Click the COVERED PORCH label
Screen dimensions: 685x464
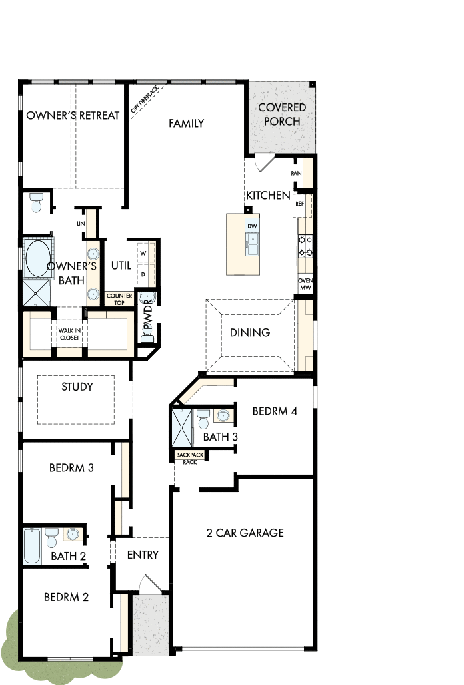pos(282,114)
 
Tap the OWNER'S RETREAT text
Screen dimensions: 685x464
pos(73,115)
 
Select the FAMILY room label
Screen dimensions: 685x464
pos(186,123)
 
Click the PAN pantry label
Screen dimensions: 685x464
pos(297,173)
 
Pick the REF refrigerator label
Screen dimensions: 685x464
pos(299,204)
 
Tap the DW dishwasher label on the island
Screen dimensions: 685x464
pos(252,226)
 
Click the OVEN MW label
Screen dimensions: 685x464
pos(305,284)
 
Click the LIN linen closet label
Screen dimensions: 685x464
pos(81,224)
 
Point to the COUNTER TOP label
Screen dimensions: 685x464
pos(119,298)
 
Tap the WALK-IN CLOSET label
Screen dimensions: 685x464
pos(69,334)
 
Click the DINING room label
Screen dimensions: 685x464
pos(250,332)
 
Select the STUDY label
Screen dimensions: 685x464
pos(77,387)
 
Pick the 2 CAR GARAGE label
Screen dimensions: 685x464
pos(245,532)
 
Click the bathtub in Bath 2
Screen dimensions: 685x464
pos(32,547)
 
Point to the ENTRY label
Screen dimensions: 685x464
pos(143,555)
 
